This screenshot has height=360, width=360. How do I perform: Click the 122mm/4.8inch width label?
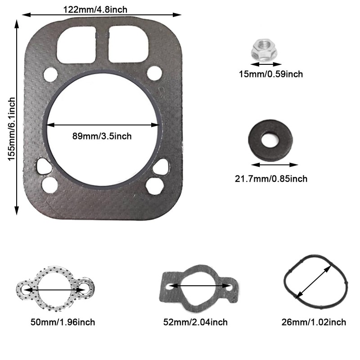tap(95, 9)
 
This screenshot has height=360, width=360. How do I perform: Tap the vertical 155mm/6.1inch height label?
tap(12, 129)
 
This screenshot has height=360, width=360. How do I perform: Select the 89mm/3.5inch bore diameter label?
tap(102, 136)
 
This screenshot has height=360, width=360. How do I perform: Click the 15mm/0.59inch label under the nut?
tap(271, 74)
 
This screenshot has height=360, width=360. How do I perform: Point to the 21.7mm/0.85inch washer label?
tap(271, 179)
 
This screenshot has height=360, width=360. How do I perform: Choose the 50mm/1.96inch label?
tap(63, 322)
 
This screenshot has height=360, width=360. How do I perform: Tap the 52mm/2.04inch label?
tap(195, 322)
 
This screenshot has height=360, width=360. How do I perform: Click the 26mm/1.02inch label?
tap(314, 322)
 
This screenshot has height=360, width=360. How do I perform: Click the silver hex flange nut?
tap(264, 49)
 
